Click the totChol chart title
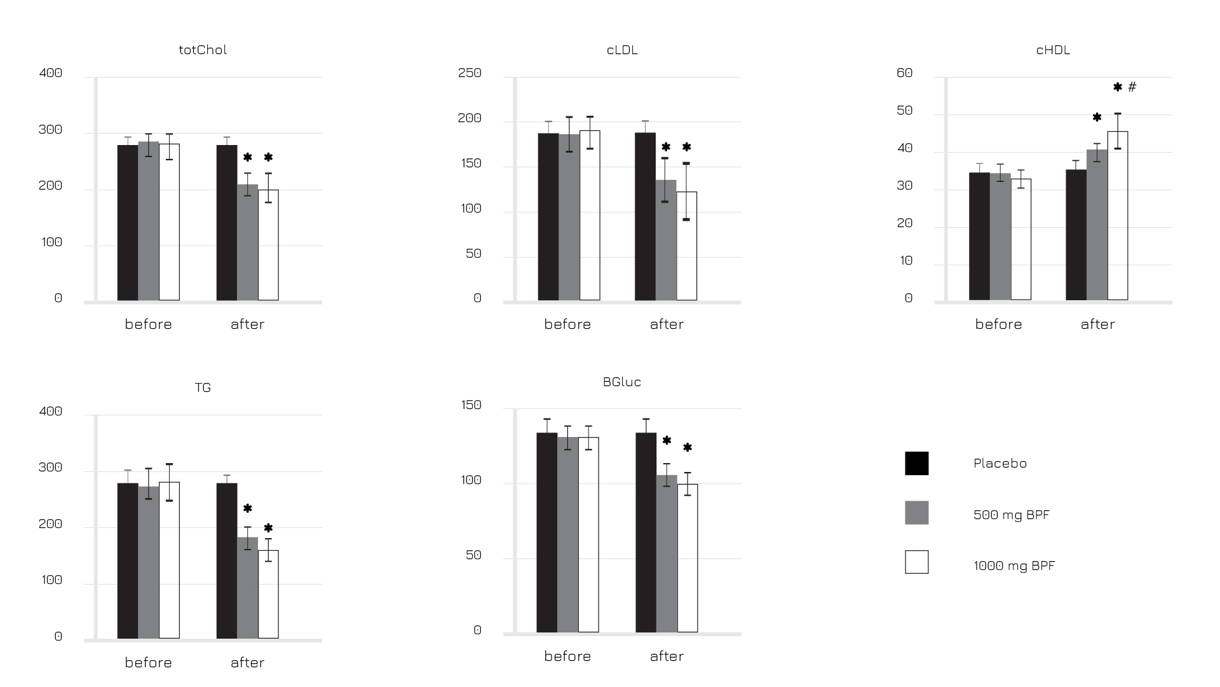pos(203,50)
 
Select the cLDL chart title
pos(622,50)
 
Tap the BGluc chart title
pos(622,382)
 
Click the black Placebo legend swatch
pos(916,463)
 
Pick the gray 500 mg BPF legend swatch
pos(916,513)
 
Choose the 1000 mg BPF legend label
pos(1013,566)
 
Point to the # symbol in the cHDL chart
pos(1132,87)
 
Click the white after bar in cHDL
pos(1118,216)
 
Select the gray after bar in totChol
pos(248,242)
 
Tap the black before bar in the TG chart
pos(128,560)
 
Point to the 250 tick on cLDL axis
pos(470,73)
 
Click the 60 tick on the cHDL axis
pos(904,73)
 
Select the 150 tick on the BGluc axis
pos(471,405)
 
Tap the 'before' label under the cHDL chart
pos(998,324)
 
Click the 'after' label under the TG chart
pos(247,663)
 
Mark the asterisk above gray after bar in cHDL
pos(1097,118)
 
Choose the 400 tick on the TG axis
pos(51,411)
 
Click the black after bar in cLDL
pos(645,216)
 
